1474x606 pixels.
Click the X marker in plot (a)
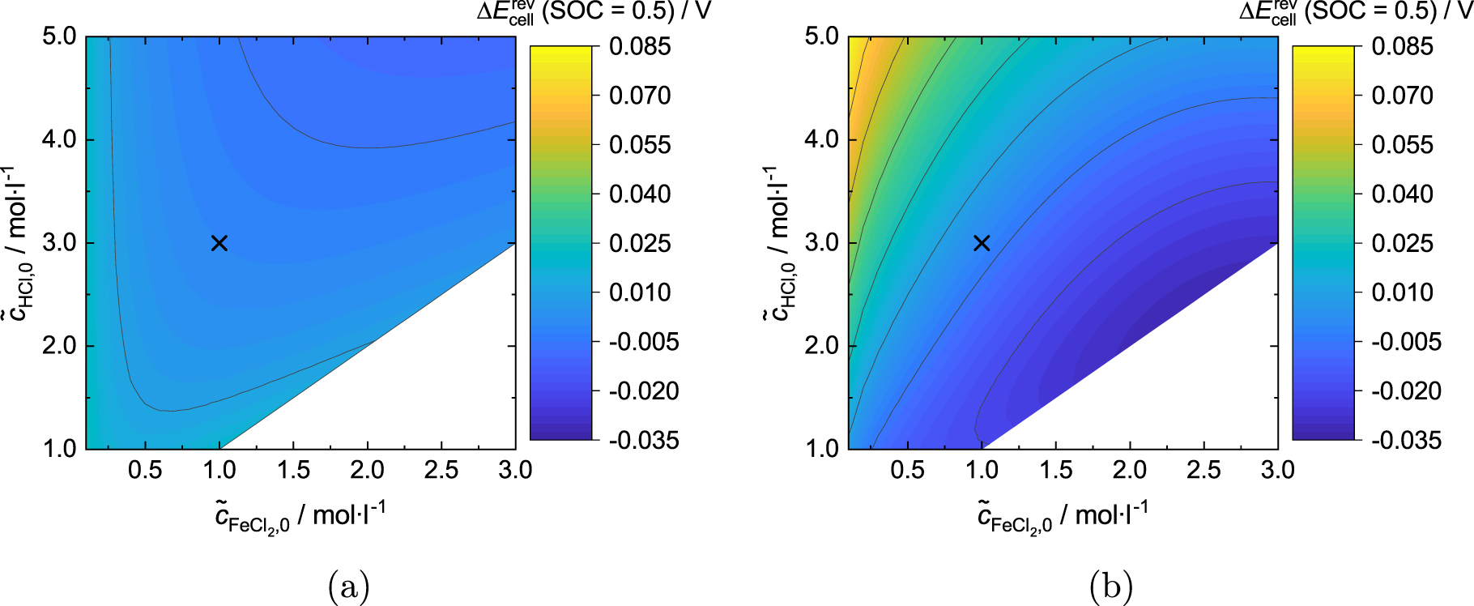219,243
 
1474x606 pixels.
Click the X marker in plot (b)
982,243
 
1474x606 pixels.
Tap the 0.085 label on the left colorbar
640,46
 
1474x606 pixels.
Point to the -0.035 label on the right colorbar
1406,440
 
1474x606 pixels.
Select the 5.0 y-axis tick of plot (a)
59,37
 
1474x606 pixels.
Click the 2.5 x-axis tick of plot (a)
441,470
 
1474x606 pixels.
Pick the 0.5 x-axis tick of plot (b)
907,470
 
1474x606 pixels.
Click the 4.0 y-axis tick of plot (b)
821,139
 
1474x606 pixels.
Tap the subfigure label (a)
349,585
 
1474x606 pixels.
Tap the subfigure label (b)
1111,585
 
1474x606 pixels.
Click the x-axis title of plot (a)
300,516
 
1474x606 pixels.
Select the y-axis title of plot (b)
778,243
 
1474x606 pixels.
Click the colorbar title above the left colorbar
593,12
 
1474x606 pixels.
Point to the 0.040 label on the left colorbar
640,194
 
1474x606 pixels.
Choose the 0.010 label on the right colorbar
1402,292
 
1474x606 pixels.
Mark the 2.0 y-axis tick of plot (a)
59,346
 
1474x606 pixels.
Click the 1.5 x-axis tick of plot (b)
1055,470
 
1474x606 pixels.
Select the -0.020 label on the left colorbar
644,391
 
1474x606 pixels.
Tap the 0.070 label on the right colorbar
1402,96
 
